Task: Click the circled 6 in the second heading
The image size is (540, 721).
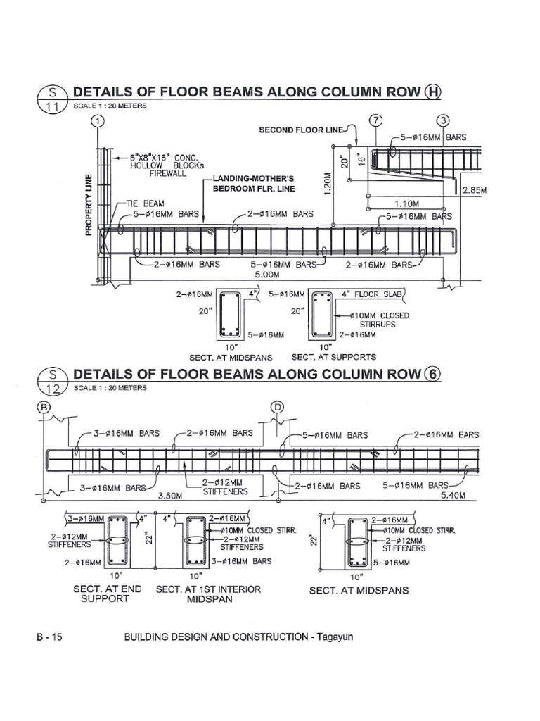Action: (432, 374)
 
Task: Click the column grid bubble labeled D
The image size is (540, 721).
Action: (278, 406)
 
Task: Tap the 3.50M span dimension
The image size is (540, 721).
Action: (171, 496)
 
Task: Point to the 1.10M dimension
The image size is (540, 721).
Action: (406, 201)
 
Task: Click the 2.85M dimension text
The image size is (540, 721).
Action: (475, 190)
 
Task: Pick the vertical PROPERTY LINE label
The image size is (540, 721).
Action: (89, 204)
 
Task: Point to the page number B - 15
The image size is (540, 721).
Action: (50, 637)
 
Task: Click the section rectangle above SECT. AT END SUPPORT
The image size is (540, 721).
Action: (120, 541)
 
